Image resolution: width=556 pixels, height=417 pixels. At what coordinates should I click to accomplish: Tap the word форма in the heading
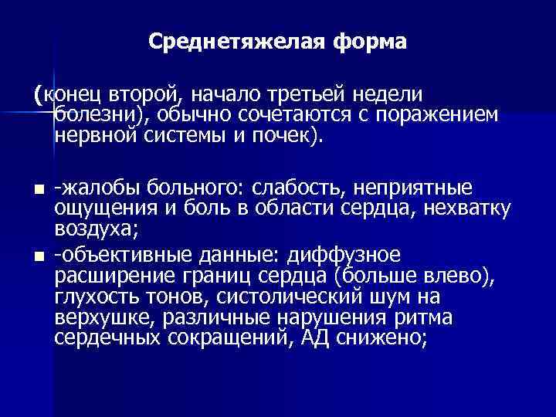(x=370, y=40)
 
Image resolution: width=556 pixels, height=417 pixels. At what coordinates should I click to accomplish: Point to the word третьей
(x=307, y=94)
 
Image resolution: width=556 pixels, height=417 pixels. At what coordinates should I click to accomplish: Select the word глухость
(x=94, y=297)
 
